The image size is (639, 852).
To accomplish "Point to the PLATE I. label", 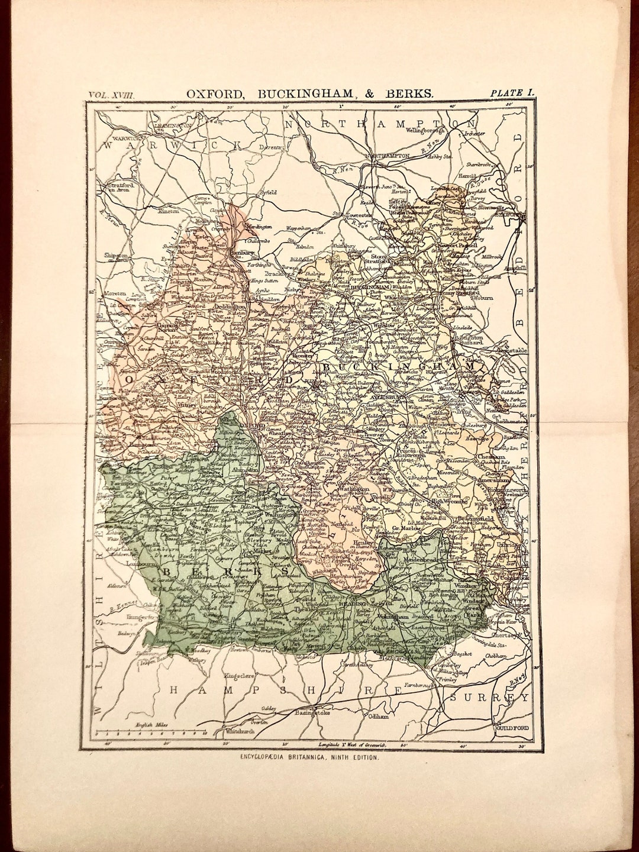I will pos(512,93).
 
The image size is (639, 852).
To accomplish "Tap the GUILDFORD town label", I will pos(511,728).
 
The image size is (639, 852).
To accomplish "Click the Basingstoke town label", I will pos(311,713).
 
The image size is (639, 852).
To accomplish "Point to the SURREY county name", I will pos(489,698).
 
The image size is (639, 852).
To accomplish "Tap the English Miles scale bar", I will pos(155,731).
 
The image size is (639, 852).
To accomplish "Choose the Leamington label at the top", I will pos(170,126).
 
